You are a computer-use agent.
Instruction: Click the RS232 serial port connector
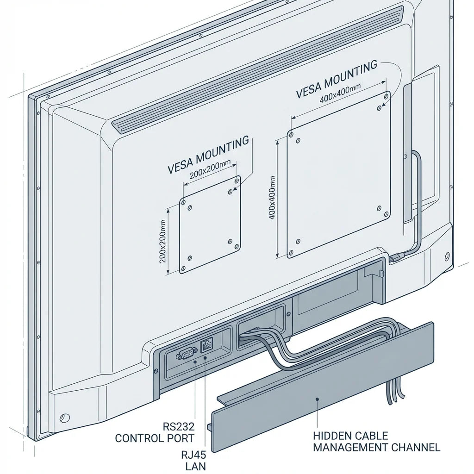pos(185,354)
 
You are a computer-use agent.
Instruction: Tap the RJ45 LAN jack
pos(206,345)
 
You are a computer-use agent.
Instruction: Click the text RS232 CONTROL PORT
pos(155,432)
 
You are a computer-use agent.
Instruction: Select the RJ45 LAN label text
pos(193,461)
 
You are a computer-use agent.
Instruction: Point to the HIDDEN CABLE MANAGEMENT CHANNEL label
pos(376,442)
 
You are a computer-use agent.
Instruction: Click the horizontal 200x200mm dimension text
pos(210,171)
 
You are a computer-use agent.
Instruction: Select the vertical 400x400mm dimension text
pos(272,198)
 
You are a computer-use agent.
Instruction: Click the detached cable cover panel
pos(322,388)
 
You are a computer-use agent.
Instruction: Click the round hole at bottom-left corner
pos(64,418)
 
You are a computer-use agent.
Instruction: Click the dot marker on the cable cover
pos(317,399)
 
